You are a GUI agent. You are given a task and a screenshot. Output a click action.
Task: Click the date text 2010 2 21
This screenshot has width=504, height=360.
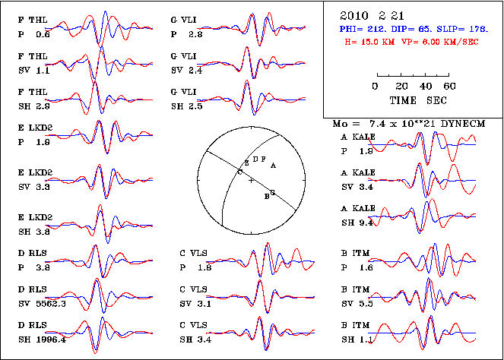point(368,14)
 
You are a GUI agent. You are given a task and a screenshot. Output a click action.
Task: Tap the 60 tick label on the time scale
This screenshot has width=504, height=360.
point(449,87)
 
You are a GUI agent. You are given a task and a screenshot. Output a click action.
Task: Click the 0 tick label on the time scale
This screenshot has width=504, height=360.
point(376,87)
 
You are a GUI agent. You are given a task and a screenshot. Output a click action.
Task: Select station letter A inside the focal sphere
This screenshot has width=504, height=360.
point(273,164)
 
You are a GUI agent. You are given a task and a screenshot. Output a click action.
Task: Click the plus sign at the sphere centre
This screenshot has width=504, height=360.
point(251,180)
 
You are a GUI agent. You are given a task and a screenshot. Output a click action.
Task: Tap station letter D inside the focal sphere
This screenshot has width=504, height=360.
point(255,159)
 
